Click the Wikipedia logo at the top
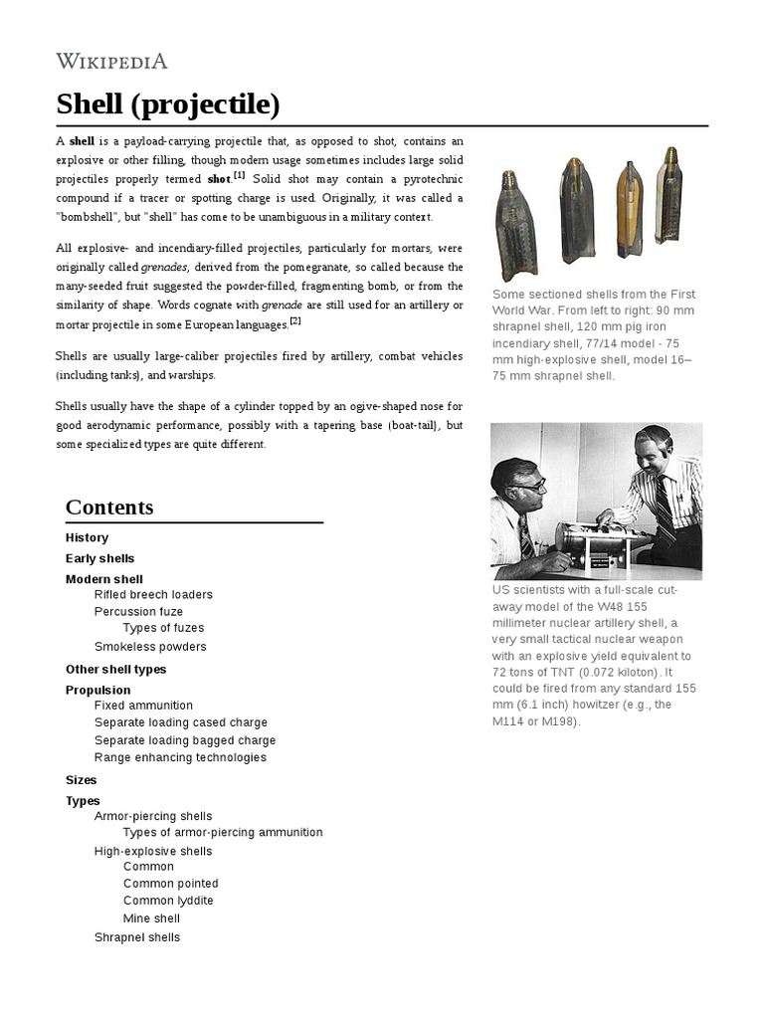111,62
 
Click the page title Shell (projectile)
167,104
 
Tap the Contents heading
109,507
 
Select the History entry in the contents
87,537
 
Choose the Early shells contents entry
99,558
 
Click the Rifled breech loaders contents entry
153,594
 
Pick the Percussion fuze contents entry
138,611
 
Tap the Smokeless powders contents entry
150,647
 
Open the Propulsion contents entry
97,690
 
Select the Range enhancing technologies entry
180,757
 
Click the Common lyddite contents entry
168,901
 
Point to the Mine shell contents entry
151,918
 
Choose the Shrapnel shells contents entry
137,937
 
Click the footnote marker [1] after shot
239,175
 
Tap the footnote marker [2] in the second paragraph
294,320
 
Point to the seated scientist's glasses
531,487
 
